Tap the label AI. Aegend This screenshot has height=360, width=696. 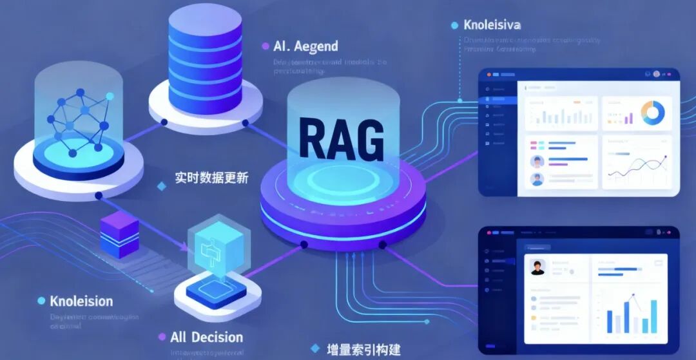305,47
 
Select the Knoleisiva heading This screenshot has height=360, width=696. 492,25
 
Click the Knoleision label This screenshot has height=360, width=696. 81,301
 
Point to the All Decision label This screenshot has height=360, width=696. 206,337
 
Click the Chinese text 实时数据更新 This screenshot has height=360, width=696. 211,178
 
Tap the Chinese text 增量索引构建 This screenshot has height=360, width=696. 363,350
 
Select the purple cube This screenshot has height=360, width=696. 119,234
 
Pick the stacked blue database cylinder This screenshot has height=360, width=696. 205,61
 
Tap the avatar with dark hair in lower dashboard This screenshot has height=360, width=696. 537,267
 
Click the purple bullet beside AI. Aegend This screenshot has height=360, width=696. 266,46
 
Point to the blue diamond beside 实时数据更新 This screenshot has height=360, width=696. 162,186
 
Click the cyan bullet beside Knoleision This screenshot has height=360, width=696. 41,301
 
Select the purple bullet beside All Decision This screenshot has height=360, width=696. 162,337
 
